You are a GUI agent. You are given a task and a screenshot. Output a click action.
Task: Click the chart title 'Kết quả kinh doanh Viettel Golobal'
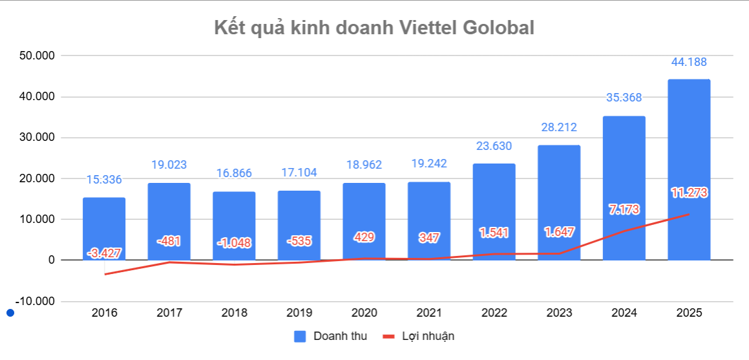pos(374,28)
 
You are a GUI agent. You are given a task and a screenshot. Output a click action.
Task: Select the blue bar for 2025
pos(689,169)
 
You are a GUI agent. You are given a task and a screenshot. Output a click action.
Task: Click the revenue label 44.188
pos(688,63)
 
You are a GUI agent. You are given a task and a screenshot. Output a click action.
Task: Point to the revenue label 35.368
pos(624,98)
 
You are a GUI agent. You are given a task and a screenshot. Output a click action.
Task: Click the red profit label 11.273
pos(688,192)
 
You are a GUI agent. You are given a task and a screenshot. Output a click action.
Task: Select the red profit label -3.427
pos(104,253)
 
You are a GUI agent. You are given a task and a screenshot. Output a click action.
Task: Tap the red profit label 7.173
pos(624,209)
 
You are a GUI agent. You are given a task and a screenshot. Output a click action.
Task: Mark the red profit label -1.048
pos(234,243)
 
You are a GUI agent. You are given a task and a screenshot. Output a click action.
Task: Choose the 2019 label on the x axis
pos(299,313)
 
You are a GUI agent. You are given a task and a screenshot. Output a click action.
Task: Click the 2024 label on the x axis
pos(624,313)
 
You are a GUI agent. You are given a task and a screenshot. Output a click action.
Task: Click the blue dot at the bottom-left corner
pos(10,313)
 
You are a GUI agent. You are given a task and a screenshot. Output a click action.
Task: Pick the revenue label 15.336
pos(104,180)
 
